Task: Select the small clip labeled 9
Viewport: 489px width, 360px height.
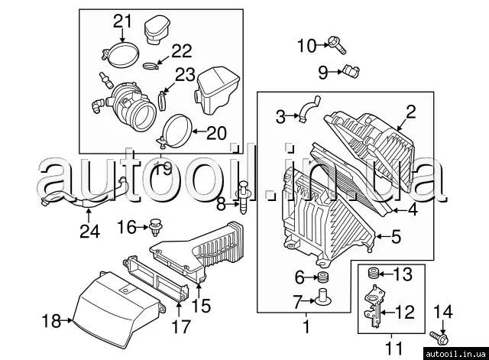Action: click(351, 71)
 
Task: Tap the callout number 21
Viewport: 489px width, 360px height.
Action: click(122, 21)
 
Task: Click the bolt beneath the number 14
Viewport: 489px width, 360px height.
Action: click(439, 338)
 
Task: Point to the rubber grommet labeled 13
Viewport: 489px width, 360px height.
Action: click(372, 273)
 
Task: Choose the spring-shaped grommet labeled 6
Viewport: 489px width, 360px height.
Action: click(322, 277)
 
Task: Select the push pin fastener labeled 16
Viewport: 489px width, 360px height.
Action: click(156, 228)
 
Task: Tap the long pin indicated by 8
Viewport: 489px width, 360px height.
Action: click(243, 197)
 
